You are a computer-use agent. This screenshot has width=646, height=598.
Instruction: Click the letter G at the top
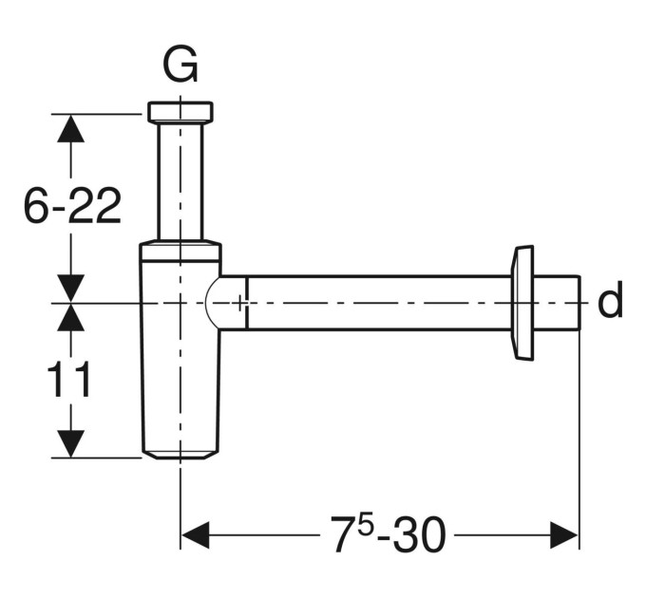click(180, 65)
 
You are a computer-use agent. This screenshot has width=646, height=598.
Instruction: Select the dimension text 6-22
click(72, 206)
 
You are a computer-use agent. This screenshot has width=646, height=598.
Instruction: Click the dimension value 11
click(68, 379)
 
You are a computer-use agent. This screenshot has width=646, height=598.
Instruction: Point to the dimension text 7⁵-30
click(389, 533)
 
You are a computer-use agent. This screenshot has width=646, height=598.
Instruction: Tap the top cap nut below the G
click(180, 112)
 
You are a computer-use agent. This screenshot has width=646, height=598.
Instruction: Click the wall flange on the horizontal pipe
click(522, 304)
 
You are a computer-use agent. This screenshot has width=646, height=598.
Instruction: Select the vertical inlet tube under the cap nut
click(180, 181)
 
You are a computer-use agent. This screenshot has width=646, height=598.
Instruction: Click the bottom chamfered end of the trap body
click(180, 454)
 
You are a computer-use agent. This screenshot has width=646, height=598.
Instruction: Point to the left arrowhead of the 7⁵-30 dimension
click(195, 535)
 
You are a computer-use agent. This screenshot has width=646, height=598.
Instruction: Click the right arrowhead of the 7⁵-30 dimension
click(564, 535)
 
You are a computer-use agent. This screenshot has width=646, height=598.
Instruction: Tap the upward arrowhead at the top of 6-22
click(71, 128)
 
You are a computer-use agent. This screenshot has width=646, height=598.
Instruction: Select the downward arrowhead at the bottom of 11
click(71, 443)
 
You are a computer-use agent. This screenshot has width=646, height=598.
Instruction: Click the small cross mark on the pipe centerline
click(240, 304)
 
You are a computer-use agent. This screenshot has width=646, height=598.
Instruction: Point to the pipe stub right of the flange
click(557, 303)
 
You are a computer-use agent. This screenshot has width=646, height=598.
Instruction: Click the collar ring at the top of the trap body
click(180, 252)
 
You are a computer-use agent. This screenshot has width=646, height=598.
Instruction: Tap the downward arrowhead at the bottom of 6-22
click(71, 289)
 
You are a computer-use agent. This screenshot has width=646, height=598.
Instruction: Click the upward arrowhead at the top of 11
click(71, 318)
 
